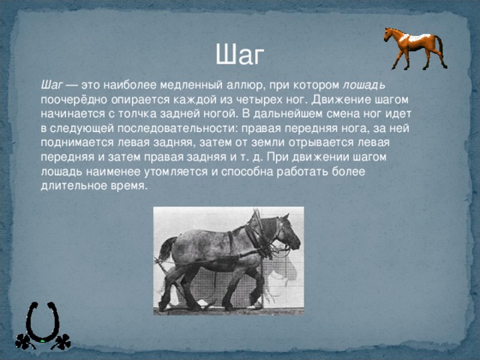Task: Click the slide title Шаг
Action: pos(239,54)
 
